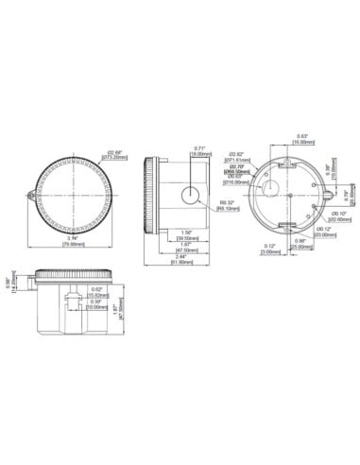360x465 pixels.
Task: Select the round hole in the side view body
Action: click(x=191, y=196)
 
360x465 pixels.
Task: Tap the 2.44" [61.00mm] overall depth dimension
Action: click(x=185, y=258)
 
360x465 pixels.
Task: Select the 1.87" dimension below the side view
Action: click(x=186, y=248)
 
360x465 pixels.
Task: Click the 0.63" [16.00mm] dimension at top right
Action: click(x=302, y=137)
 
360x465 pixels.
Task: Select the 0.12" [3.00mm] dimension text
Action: click(x=268, y=250)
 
